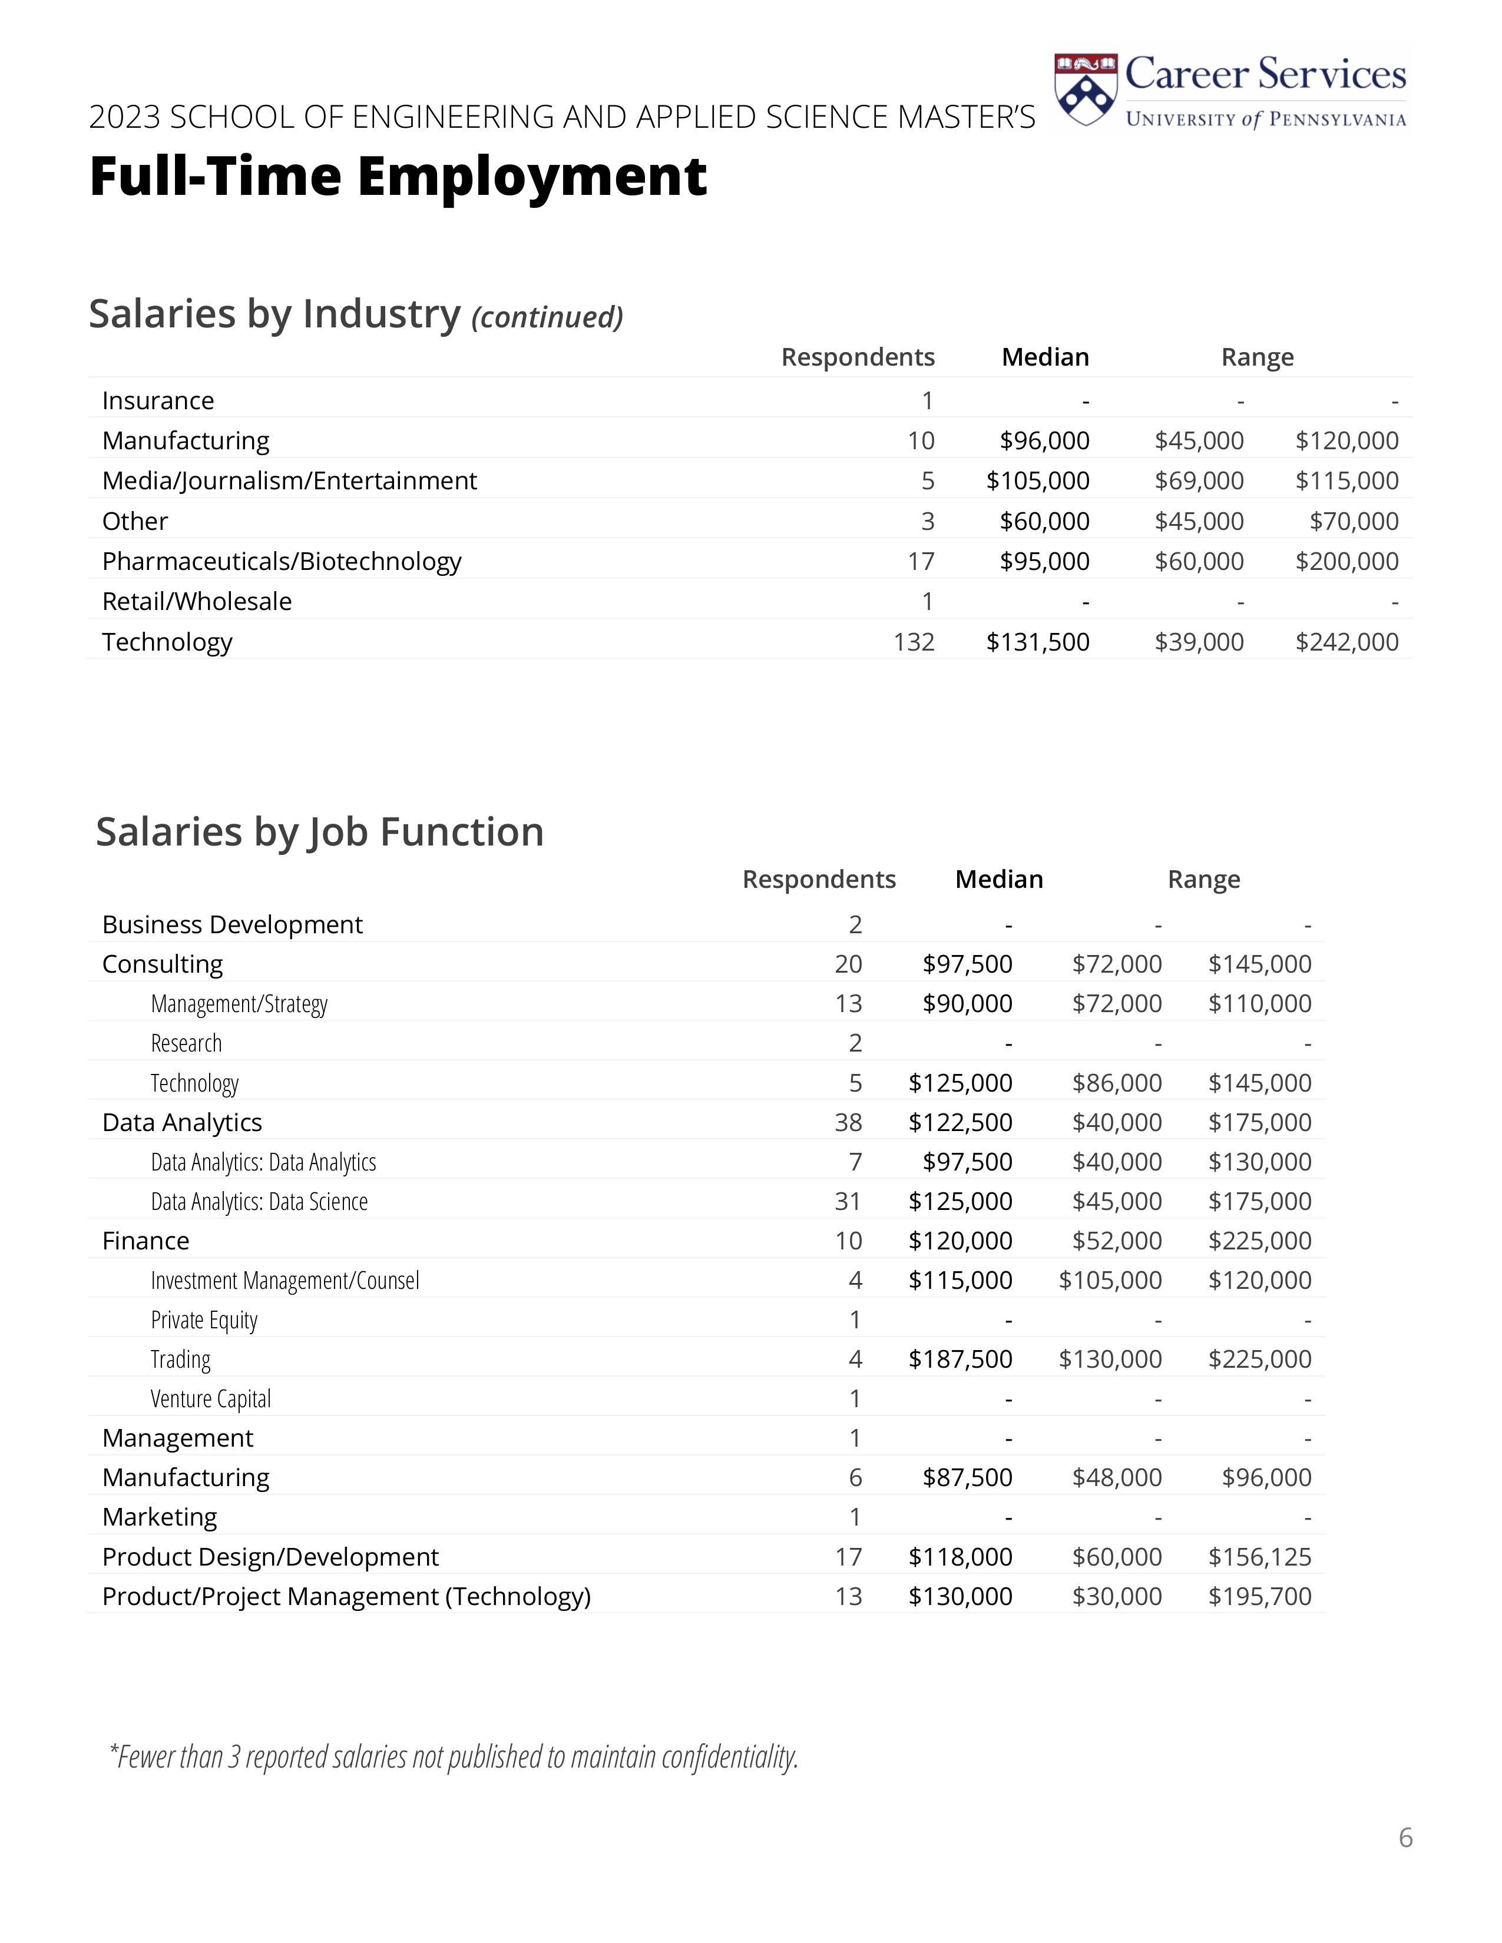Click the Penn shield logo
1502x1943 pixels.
(1084, 89)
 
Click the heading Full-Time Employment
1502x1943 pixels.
(398, 176)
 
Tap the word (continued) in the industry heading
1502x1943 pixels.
(547, 317)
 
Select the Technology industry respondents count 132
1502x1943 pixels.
(914, 641)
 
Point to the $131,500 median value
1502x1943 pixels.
(1037, 641)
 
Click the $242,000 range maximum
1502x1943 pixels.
(1346, 641)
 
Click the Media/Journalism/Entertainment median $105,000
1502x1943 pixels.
(1037, 480)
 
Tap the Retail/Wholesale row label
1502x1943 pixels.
(197, 601)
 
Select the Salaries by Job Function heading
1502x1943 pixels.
(319, 832)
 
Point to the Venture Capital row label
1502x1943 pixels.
(211, 1398)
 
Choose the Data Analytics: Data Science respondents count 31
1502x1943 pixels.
(848, 1201)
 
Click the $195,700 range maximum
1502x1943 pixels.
(1259, 1596)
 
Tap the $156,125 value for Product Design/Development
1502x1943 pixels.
(1259, 1557)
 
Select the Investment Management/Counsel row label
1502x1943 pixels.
(284, 1280)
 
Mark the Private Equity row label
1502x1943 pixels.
(204, 1319)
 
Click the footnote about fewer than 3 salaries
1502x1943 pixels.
(454, 1757)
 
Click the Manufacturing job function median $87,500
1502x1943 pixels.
(967, 1478)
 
